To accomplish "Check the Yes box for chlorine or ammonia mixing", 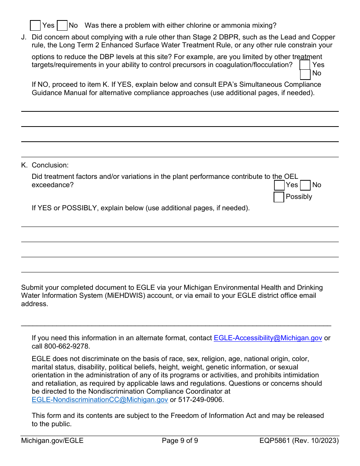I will (35, 25).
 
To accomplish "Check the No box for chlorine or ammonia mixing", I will (62, 25).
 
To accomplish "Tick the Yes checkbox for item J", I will (305, 65).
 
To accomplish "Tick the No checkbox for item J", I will (305, 74).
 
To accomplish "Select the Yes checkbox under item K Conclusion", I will (279, 185).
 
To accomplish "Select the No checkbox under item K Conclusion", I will (305, 185).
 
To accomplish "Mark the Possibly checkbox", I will (279, 197).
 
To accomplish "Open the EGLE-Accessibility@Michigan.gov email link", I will (268, 338).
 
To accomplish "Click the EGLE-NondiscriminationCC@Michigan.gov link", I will (100, 399).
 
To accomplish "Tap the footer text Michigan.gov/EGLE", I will (52, 441).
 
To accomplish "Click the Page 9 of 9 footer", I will (180, 441).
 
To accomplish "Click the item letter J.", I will (24, 37).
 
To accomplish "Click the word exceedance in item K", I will (52, 185).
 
